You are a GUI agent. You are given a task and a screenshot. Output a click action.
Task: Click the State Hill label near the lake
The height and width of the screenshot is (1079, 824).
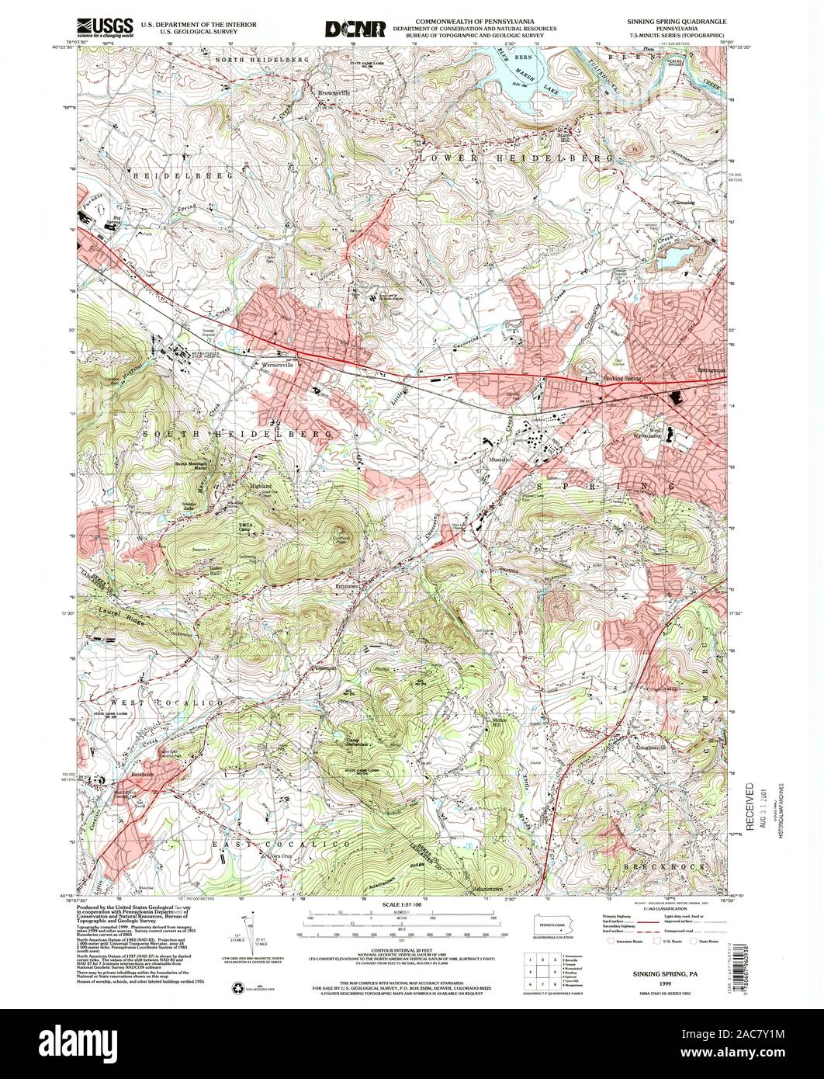coord(563,137)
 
